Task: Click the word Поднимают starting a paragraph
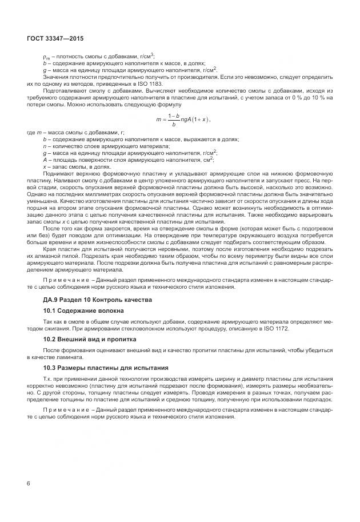pos(58,172)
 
